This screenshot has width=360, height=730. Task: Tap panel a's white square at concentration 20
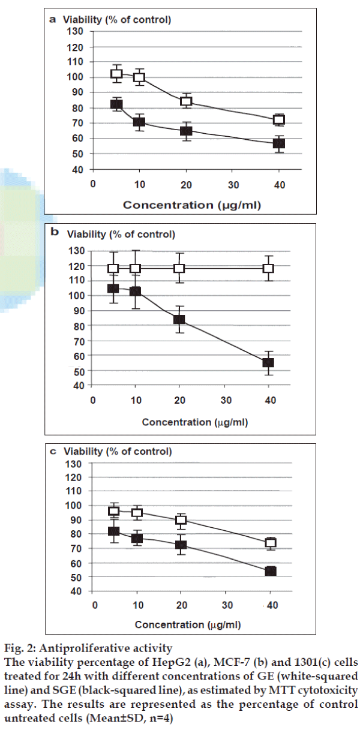[186, 101]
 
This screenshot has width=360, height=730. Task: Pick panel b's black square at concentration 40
[268, 362]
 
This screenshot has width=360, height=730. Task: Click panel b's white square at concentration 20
[179, 268]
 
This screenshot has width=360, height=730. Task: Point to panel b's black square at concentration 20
[179, 319]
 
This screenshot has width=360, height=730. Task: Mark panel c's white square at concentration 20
[181, 520]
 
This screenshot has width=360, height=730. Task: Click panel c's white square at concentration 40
[271, 543]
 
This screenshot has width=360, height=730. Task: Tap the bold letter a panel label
[52, 19]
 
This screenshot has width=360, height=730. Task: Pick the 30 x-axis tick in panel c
[226, 604]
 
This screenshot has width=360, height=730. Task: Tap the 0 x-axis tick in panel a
[93, 184]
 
